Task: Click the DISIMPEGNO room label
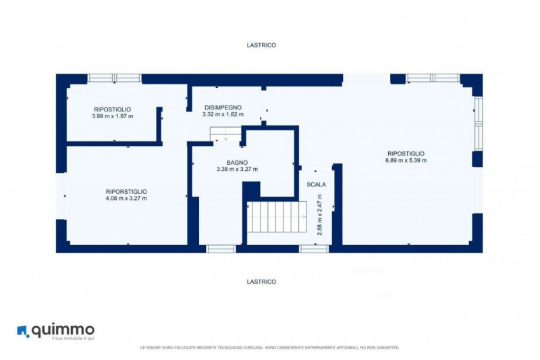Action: [223, 107]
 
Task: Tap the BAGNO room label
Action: [237, 163]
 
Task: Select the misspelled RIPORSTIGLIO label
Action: [126, 192]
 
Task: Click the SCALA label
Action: [316, 184]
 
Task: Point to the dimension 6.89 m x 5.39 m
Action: [406, 161]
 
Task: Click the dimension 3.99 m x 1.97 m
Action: [113, 116]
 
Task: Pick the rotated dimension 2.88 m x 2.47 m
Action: [319, 215]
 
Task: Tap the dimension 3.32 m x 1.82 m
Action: [223, 114]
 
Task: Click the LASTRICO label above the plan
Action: [261, 45]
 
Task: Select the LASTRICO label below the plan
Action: [261, 282]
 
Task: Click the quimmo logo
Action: [56, 332]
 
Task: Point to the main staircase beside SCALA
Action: [277, 217]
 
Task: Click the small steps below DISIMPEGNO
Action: [225, 134]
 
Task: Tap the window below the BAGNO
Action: [221, 249]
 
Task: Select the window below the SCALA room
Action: [314, 249]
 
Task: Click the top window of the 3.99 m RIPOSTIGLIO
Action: [114, 78]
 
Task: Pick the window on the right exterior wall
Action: [479, 124]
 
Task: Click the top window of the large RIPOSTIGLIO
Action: [433, 78]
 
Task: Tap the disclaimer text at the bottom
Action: [269, 348]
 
